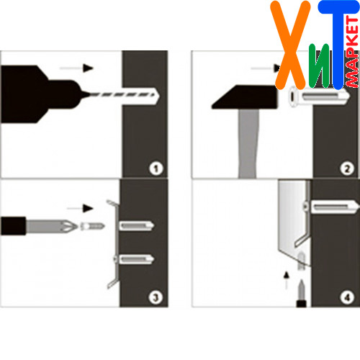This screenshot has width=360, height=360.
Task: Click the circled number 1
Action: click(x=156, y=168)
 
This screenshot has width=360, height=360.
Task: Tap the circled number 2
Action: click(x=347, y=168)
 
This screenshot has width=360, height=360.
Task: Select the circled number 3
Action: click(x=156, y=297)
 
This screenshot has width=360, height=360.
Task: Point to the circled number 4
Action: click(x=347, y=298)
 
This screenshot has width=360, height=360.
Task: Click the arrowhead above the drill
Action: click(x=88, y=68)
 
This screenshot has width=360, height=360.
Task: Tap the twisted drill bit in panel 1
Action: click(x=123, y=95)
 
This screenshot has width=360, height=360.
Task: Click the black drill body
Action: click(x=41, y=94)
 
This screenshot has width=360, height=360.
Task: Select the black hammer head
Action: click(x=245, y=97)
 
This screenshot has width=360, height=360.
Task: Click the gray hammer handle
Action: click(x=248, y=143)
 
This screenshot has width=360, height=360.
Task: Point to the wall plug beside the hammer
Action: click(x=319, y=96)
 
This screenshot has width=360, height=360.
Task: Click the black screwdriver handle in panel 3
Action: click(x=13, y=226)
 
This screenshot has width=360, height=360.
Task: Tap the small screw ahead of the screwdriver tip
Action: click(x=92, y=226)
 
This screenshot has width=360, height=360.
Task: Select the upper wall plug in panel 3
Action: click(x=136, y=226)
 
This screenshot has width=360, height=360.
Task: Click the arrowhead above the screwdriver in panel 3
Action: click(x=88, y=208)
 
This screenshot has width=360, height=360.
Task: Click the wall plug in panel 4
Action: click(x=334, y=207)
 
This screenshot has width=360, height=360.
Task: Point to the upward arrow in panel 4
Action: click(x=286, y=280)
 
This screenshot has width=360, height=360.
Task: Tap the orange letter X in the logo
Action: click(x=290, y=45)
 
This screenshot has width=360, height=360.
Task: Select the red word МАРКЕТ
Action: click(x=352, y=52)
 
